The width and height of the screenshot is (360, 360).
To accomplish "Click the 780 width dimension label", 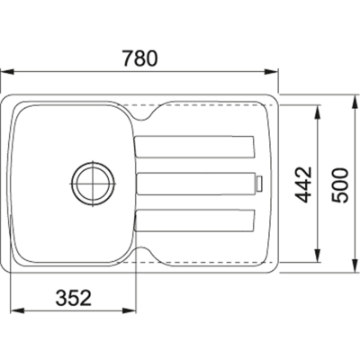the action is click(139, 58).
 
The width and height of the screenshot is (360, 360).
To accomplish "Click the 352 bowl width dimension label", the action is click(74, 298).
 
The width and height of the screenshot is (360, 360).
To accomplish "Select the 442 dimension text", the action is click(303, 184).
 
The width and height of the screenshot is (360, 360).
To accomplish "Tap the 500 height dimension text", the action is click(339, 185).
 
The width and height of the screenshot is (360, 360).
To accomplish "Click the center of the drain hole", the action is click(93, 184).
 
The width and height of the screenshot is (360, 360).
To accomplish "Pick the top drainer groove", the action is click(195, 147).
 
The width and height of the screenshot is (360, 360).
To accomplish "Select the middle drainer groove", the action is click(195, 184).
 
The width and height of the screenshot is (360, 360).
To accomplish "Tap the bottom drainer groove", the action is click(195, 220).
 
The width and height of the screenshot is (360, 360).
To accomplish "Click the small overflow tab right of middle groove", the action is click(259, 184).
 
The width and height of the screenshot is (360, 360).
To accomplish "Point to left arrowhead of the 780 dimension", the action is click(6, 72).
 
